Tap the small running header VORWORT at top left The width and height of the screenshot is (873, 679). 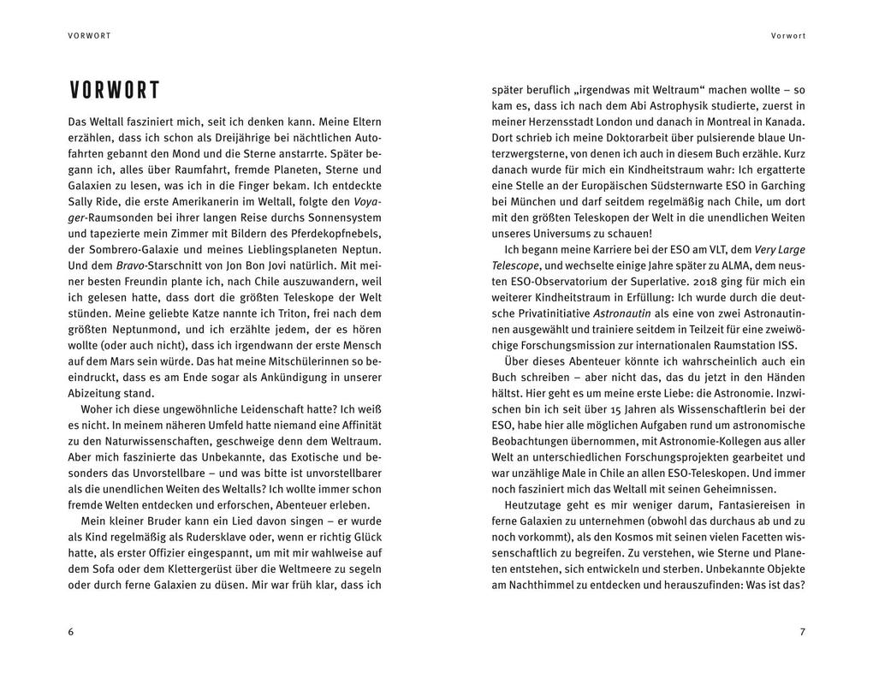(x=90, y=36)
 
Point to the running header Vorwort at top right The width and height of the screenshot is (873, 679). (x=787, y=36)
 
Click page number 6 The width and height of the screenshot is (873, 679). (x=71, y=632)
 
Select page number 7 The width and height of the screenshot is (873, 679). (x=802, y=632)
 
